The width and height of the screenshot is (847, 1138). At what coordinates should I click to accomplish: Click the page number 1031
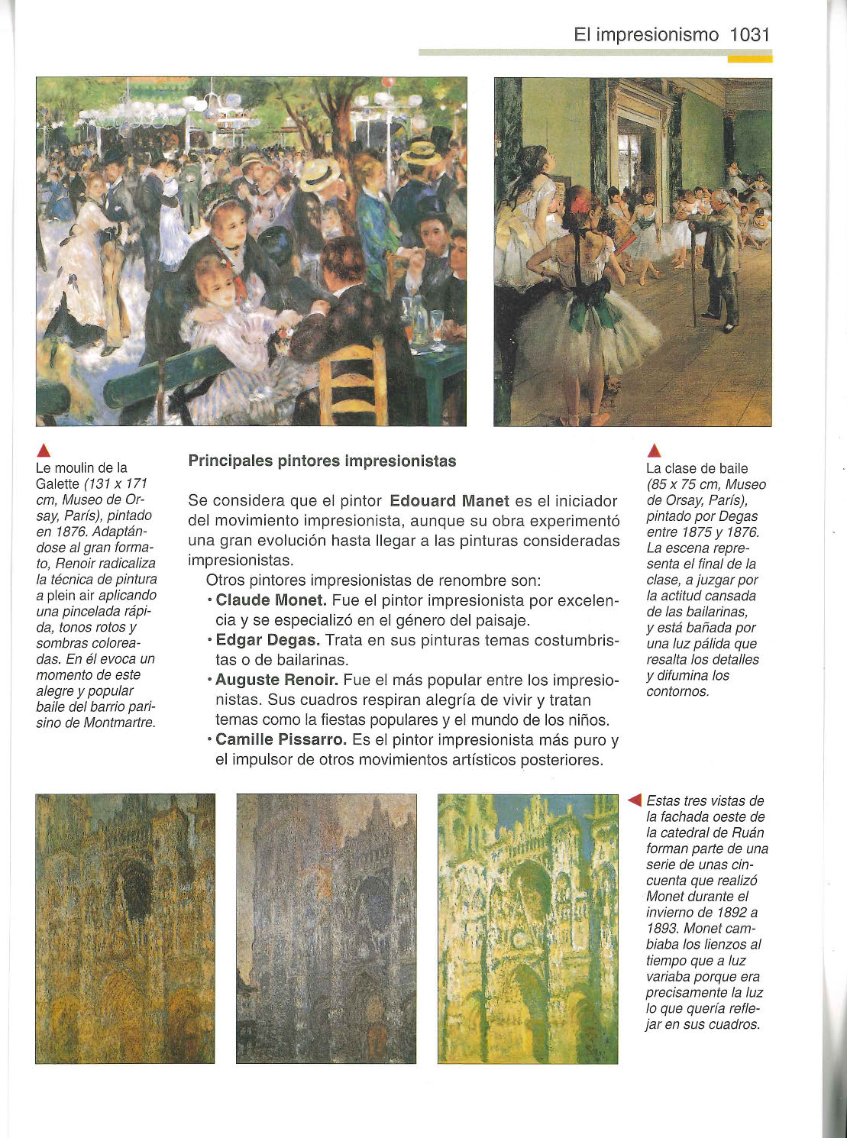749,34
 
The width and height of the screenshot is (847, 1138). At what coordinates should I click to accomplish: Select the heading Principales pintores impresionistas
322,461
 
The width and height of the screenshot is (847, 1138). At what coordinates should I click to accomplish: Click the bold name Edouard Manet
449,501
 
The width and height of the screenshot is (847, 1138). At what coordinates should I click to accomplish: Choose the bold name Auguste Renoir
276,680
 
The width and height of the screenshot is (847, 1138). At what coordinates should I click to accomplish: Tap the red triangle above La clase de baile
654,450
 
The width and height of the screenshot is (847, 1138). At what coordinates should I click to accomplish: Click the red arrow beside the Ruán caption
634,800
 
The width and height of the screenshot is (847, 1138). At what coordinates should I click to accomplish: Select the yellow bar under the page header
749,58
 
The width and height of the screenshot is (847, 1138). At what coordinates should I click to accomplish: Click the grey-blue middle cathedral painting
326,928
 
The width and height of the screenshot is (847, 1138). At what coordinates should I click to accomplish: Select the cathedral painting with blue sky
528,928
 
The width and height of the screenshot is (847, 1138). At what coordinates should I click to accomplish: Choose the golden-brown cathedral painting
125,928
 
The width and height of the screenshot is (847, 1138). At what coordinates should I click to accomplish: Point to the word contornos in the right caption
677,691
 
